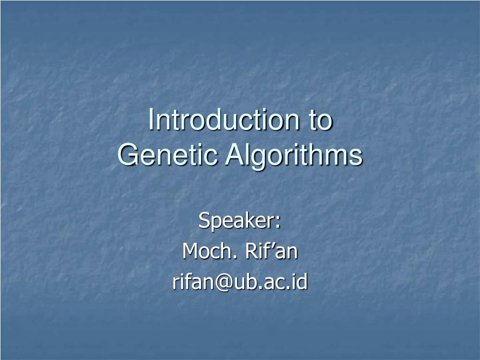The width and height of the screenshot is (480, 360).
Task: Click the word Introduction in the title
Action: [x=224, y=120]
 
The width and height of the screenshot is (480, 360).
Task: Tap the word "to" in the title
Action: [x=320, y=120]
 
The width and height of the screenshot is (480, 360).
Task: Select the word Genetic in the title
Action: [x=167, y=155]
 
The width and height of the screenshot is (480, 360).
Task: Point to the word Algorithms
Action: [x=294, y=156]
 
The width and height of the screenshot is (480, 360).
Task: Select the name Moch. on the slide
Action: [x=210, y=251]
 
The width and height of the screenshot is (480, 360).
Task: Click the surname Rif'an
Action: [x=271, y=251]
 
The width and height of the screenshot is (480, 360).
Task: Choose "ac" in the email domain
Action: [x=269, y=284]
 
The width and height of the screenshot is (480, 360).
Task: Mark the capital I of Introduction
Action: [x=150, y=120]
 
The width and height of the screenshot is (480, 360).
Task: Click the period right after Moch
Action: [x=234, y=257]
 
